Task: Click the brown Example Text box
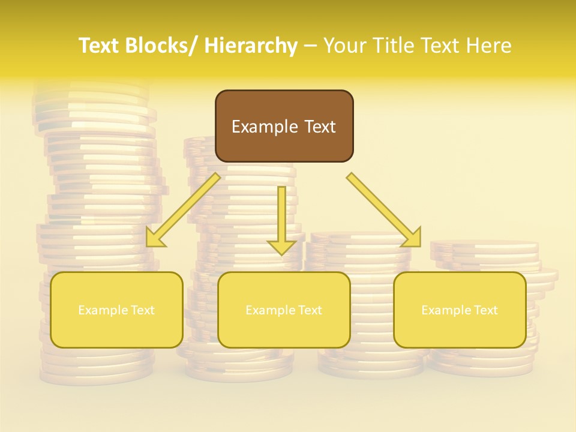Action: (284, 126)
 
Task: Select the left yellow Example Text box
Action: (116, 310)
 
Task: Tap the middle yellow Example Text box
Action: (284, 310)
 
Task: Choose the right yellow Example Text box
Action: (460, 310)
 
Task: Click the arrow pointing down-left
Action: (184, 210)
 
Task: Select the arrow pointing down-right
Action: (384, 210)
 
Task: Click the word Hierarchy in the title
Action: (251, 46)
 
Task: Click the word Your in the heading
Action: (345, 46)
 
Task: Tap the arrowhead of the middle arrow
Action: (281, 247)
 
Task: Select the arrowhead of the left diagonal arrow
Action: (155, 238)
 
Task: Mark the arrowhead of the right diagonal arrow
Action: (412, 238)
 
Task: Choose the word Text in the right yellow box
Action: (486, 310)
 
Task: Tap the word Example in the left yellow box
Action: (103, 310)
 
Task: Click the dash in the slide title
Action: (310, 46)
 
